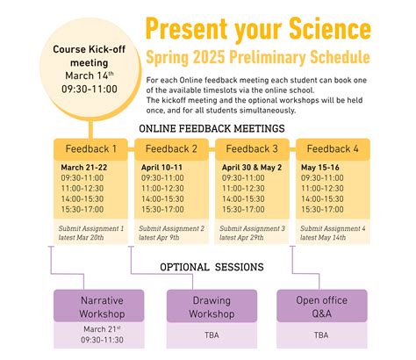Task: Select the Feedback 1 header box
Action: coord(90,149)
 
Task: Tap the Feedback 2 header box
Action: coord(172,149)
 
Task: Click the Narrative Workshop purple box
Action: coord(90,306)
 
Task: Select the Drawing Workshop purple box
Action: coord(212,306)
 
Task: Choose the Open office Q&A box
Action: coord(321,306)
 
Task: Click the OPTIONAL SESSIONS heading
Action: coord(212,267)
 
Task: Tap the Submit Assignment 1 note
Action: coord(91,233)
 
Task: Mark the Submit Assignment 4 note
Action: coord(332,233)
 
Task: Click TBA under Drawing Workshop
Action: coord(212,335)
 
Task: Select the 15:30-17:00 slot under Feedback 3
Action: coord(245,209)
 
